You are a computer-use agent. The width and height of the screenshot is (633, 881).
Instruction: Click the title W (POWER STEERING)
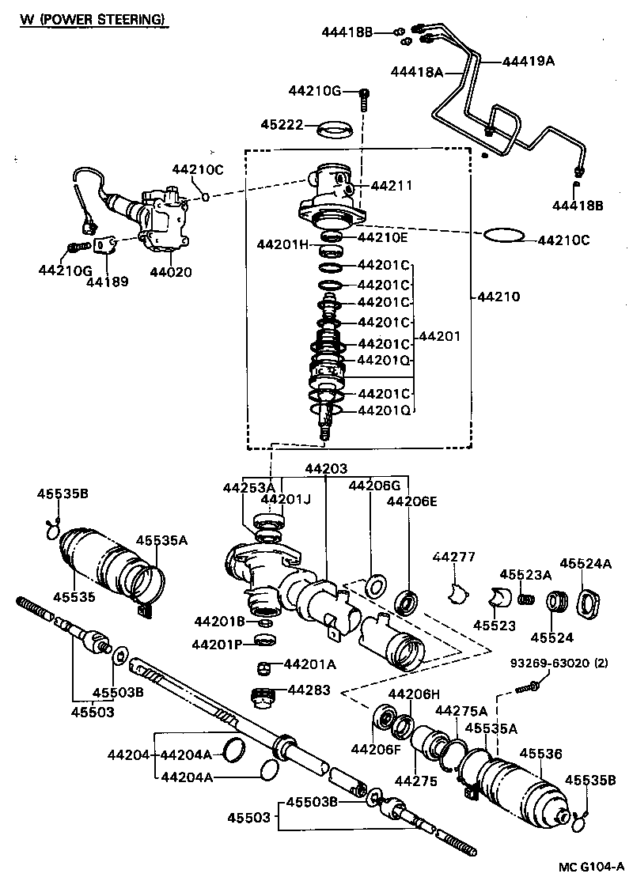(93, 18)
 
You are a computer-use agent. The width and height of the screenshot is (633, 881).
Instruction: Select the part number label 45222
(280, 124)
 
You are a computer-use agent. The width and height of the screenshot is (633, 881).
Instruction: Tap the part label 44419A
(529, 60)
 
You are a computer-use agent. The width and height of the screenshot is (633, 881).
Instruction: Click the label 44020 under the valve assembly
(170, 272)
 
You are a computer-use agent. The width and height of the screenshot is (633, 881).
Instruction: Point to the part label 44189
(106, 281)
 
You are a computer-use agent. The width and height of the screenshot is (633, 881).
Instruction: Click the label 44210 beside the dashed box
(498, 297)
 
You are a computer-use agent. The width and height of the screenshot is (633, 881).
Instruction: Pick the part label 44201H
(282, 244)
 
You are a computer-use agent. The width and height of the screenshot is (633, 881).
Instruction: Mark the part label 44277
(453, 557)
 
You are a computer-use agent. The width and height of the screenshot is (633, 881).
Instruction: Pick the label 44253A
(248, 487)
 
